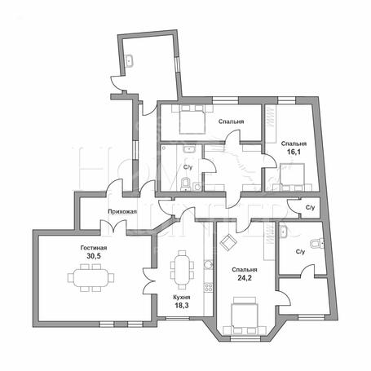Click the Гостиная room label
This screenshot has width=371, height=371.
94,248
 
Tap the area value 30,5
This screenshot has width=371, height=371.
94,256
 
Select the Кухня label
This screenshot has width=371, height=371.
182,298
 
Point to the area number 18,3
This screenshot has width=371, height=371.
182,306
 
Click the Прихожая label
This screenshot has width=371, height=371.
122,211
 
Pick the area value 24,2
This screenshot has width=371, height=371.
245,278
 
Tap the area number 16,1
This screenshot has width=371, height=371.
294,152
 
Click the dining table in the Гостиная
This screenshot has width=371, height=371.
91,277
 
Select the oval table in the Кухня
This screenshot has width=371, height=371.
182,270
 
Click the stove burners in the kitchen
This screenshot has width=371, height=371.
209,287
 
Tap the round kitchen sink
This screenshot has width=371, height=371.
209,264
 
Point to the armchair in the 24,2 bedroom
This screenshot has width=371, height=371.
228,241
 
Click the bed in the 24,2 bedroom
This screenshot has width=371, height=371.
245,316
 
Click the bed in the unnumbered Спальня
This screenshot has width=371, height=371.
192,119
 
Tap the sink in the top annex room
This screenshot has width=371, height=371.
129,60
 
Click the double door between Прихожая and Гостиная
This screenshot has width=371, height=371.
113,227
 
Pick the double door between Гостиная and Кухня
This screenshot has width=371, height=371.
148,280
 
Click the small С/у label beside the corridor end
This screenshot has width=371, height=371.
310,208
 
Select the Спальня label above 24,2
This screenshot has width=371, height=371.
245,270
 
